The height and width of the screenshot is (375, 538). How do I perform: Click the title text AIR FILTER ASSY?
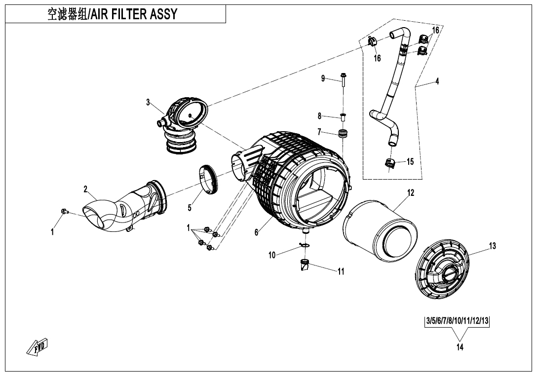click(133, 14)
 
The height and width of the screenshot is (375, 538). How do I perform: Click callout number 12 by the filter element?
click(411, 193)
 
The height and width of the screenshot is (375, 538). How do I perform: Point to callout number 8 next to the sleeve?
click(320, 116)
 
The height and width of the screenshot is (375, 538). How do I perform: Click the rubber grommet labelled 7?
click(343, 133)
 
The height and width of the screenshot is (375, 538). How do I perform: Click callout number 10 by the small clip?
click(272, 255)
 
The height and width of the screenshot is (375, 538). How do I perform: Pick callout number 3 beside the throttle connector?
click(148, 103)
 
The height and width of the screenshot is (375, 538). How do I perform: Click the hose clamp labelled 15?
click(389, 163)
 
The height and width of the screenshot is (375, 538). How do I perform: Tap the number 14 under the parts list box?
click(460, 347)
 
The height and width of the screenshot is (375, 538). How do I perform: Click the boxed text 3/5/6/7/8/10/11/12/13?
click(457, 321)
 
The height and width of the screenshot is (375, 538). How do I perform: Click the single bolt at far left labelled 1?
click(64, 212)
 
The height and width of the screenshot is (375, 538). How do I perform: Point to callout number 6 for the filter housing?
click(256, 233)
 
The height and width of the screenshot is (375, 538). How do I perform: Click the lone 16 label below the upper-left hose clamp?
click(377, 58)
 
